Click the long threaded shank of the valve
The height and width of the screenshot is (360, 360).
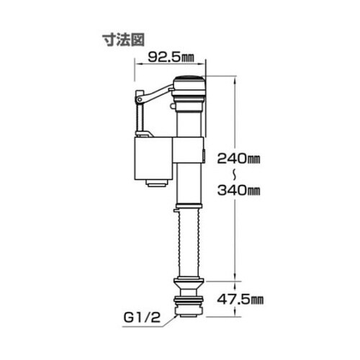tap(189, 241)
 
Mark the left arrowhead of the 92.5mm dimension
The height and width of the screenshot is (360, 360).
tap(138, 63)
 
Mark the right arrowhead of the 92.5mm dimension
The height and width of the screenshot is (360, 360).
tap(204, 63)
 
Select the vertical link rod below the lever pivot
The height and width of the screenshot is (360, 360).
tap(137, 115)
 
